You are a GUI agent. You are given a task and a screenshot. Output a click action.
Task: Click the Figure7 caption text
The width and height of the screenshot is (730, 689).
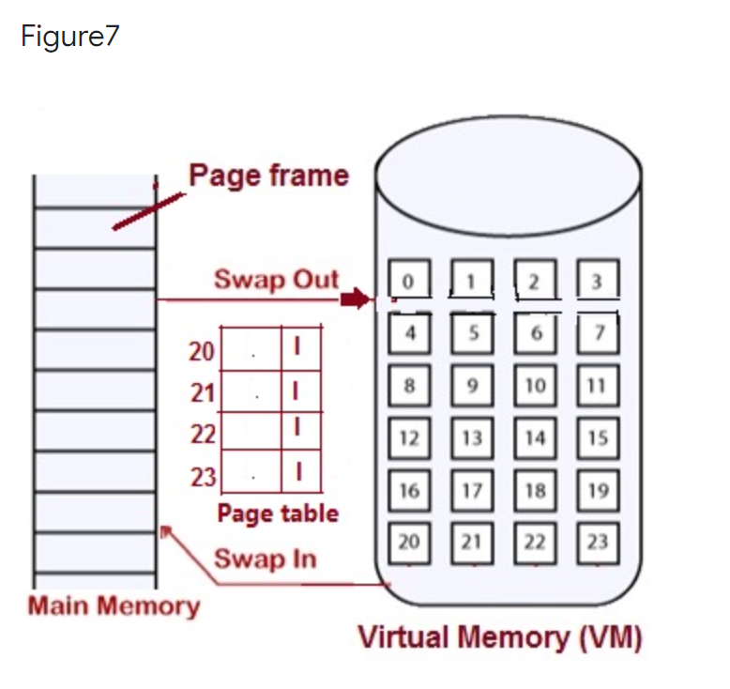tap(69, 38)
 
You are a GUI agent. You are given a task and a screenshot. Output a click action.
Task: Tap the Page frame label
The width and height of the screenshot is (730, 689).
tap(268, 176)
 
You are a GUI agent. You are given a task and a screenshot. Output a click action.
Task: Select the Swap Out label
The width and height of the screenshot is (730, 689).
tap(276, 280)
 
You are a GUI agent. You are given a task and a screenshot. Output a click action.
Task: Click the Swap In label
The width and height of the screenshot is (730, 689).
tap(266, 559)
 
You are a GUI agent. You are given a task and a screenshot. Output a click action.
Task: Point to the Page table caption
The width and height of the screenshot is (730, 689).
tap(278, 513)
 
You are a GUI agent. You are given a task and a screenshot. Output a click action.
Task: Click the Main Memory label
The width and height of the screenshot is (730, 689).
tap(114, 605)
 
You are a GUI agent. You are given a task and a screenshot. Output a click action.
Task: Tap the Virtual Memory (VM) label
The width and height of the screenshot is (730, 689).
tap(499, 637)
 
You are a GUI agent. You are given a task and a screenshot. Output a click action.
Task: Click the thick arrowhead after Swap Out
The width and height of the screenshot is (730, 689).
tap(354, 299)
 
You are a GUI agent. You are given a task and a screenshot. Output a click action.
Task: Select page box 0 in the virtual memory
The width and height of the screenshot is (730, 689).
tap(408, 281)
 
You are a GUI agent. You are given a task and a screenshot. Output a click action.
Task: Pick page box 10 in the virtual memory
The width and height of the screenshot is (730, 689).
tap(535, 386)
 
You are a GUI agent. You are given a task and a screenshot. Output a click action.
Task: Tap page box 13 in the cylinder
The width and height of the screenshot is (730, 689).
tap(472, 437)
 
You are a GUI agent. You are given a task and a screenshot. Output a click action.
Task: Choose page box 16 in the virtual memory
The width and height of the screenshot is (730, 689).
tap(408, 490)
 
